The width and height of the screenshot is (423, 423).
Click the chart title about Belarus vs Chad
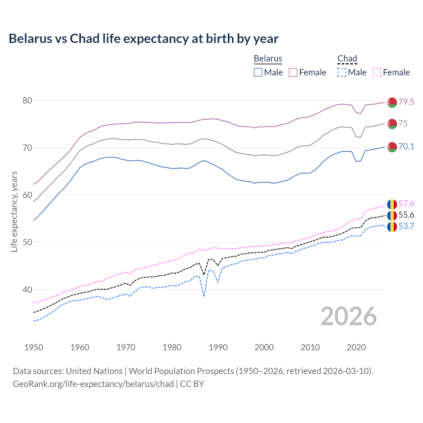143,39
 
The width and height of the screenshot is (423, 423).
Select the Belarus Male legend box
258,72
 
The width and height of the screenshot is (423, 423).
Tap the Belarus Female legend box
293,72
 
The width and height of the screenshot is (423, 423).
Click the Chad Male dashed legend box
342,72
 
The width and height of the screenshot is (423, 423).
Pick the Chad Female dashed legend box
377,72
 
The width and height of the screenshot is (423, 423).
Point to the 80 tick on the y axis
27,100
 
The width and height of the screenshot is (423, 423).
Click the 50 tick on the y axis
27,243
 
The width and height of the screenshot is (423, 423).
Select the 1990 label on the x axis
218,347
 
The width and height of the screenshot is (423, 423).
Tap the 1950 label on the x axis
34,347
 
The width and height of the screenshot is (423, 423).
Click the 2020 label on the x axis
356,347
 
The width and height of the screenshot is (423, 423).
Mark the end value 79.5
406,102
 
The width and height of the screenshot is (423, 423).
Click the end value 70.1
406,146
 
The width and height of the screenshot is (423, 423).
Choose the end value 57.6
406,204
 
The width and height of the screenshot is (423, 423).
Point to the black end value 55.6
406,215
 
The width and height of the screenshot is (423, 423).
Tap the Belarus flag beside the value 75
392,124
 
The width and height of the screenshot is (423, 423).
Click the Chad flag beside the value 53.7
392,227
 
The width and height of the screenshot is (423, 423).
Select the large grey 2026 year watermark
348,316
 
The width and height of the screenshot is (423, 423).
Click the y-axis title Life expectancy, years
14,211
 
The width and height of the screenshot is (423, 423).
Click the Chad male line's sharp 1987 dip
204,296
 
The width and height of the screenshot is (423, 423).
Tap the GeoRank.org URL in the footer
93,384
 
